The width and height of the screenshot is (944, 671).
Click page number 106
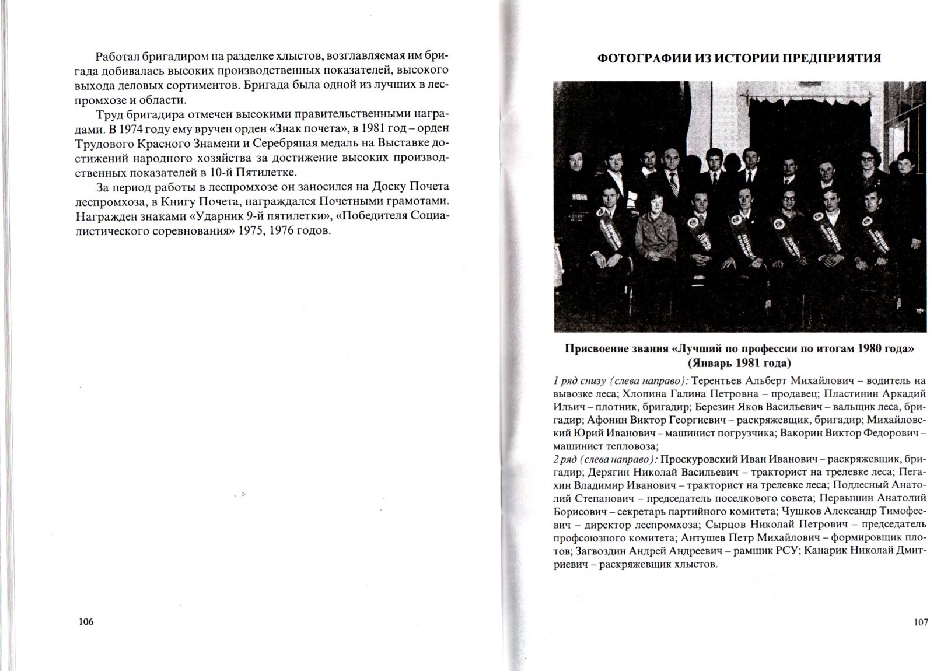tap(85, 622)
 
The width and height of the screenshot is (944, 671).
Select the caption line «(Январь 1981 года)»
tap(739, 364)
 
